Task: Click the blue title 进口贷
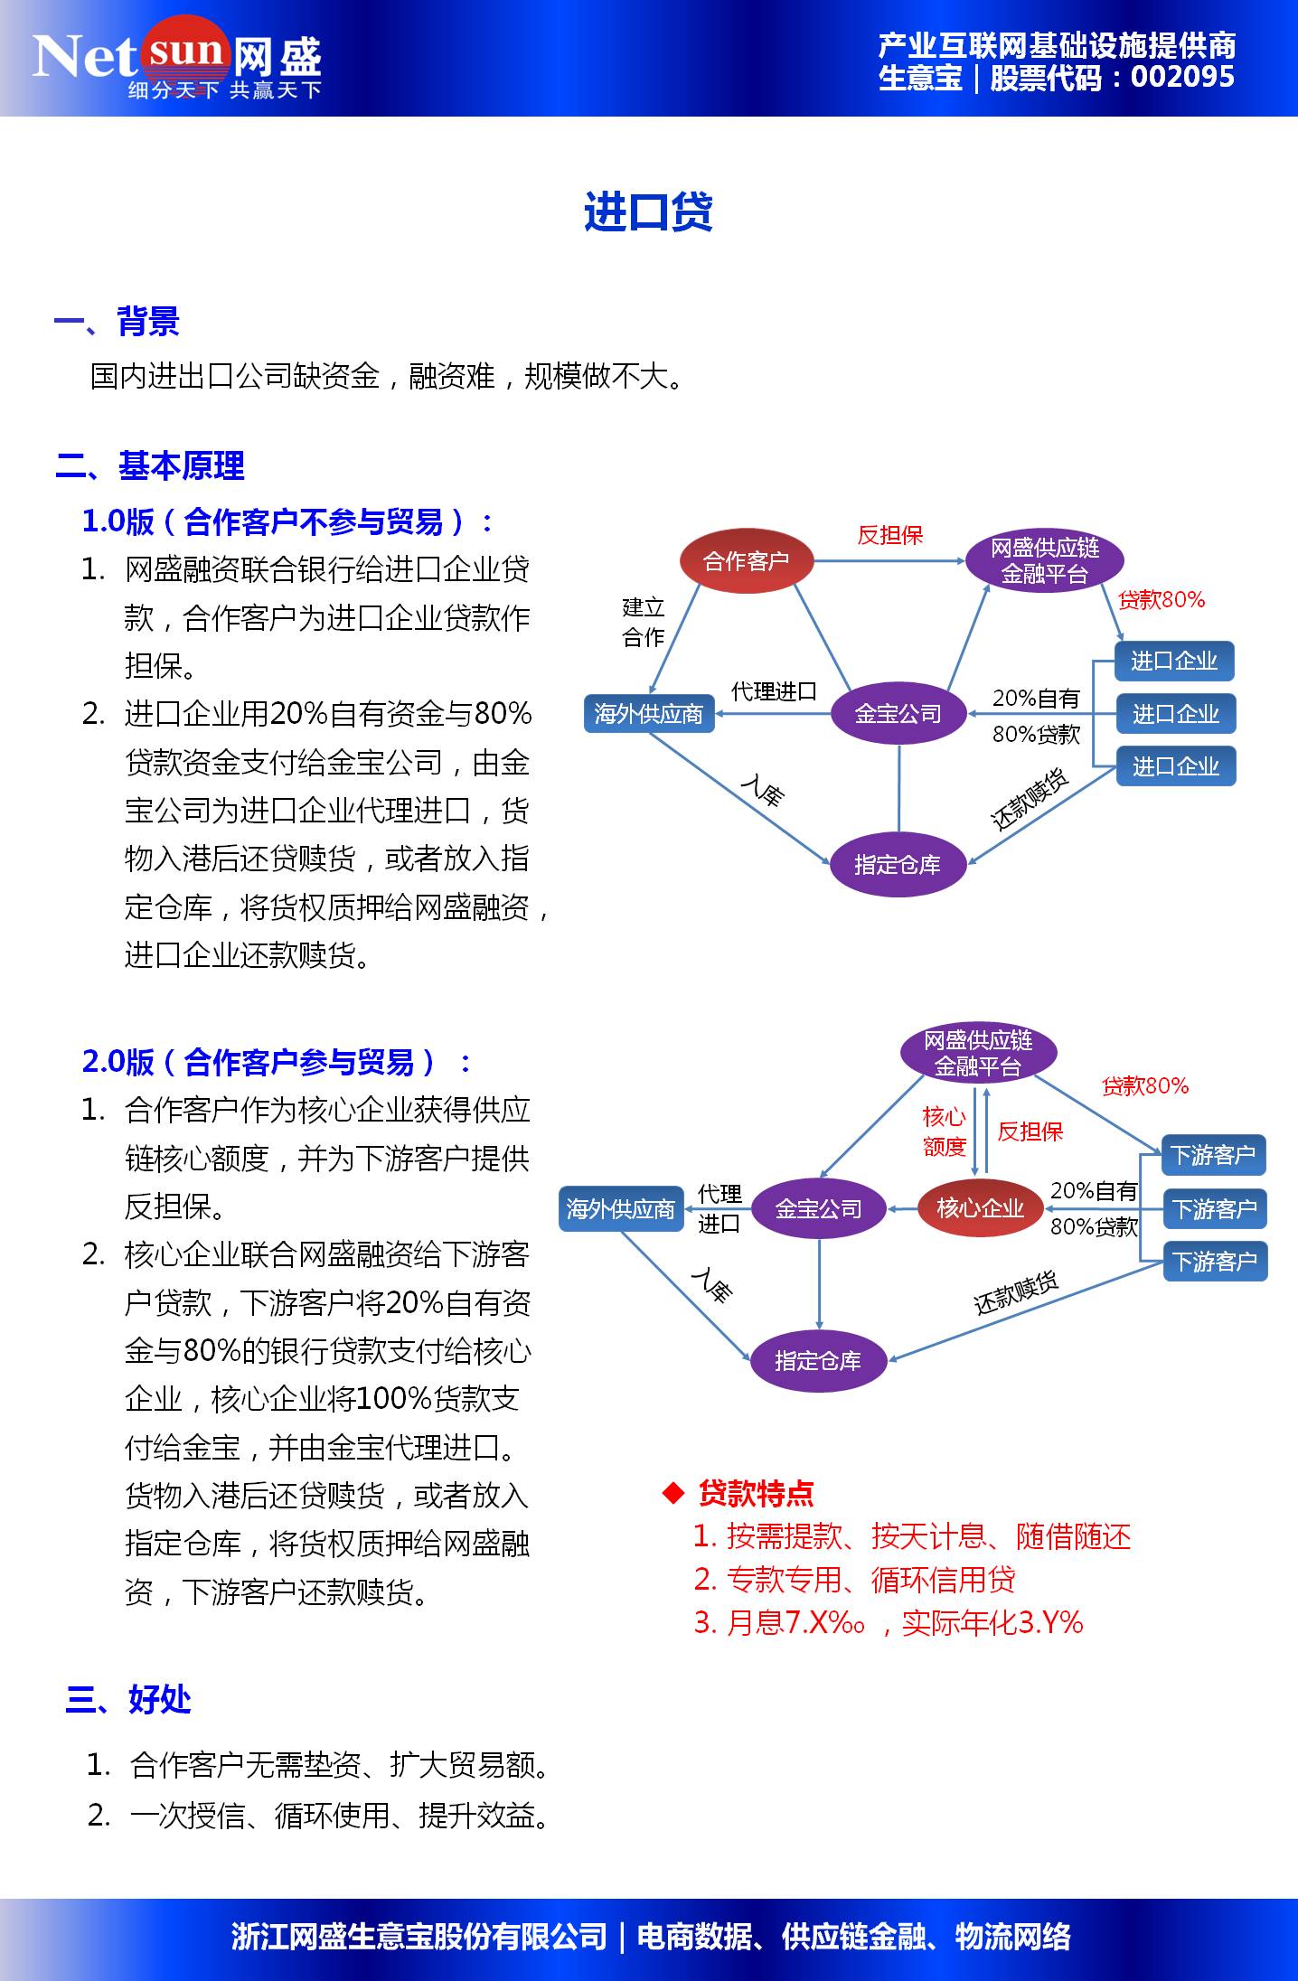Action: pyautogui.click(x=648, y=213)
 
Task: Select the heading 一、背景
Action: pyautogui.click(x=118, y=322)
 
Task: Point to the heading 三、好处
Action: pyautogui.click(x=128, y=1699)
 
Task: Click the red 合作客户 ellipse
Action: pyautogui.click(x=746, y=561)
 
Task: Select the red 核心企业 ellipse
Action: pyautogui.click(x=980, y=1208)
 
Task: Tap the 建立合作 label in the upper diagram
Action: pyautogui.click(x=643, y=622)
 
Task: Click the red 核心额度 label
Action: pyautogui.click(x=945, y=1131)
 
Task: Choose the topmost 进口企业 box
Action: pyautogui.click(x=1174, y=661)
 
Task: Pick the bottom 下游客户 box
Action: pyautogui.click(x=1214, y=1261)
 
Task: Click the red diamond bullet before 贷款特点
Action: pyautogui.click(x=673, y=1493)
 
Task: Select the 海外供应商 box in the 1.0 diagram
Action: pyautogui.click(x=648, y=714)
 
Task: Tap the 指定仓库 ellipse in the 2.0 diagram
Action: pyautogui.click(x=818, y=1361)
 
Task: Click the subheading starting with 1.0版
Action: pyautogui.click(x=287, y=521)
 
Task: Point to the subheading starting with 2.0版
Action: pyautogui.click(x=276, y=1062)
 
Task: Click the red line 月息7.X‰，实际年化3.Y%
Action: pyautogui.click(x=888, y=1623)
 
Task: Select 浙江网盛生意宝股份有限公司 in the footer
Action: pyautogui.click(x=419, y=1937)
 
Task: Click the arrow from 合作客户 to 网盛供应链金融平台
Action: pyautogui.click(x=890, y=561)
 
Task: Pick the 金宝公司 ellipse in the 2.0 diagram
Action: pyautogui.click(x=818, y=1208)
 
